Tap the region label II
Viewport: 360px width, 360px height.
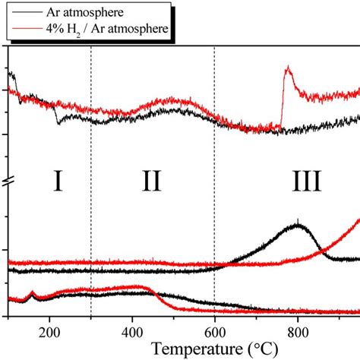tap(151, 182)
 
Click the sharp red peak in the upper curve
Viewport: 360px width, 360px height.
tap(287, 69)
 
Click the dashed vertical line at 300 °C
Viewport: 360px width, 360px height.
tap(90, 152)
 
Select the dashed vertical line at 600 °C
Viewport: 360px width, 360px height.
tap(215, 152)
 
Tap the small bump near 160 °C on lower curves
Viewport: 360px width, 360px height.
tap(32, 292)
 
